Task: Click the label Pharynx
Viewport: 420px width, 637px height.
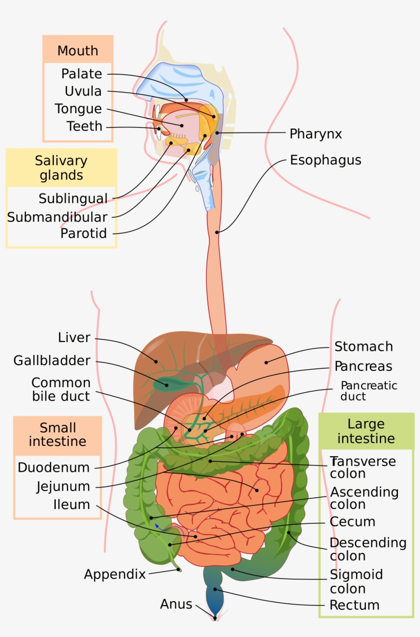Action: pyautogui.click(x=316, y=134)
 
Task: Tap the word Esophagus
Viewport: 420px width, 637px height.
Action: pyautogui.click(x=325, y=160)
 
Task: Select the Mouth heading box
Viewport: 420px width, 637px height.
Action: pyautogui.click(x=78, y=51)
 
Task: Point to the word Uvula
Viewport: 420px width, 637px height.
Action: pyautogui.click(x=83, y=92)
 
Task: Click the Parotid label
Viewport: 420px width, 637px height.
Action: pyautogui.click(x=83, y=234)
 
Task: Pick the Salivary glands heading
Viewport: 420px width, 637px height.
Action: pyautogui.click(x=61, y=168)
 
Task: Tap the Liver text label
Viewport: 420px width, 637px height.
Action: pyautogui.click(x=74, y=338)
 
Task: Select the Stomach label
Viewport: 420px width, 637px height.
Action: pyautogui.click(x=364, y=347)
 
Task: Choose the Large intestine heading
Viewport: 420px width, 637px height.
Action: pyautogui.click(x=366, y=431)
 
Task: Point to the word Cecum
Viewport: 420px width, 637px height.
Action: pyautogui.click(x=352, y=522)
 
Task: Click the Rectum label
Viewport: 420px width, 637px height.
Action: pyautogui.click(x=354, y=605)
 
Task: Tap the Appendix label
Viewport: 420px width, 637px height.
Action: pyautogui.click(x=115, y=575)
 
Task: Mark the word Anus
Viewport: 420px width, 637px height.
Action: pyautogui.click(x=176, y=604)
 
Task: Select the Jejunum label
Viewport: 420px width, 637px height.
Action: pyautogui.click(x=63, y=486)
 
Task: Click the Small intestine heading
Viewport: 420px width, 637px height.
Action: pyautogui.click(x=57, y=434)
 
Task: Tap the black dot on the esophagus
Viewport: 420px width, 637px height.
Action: pyautogui.click(x=217, y=232)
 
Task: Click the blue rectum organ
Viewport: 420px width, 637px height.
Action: pyautogui.click(x=215, y=599)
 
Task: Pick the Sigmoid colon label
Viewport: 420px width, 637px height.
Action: pyautogui.click(x=355, y=582)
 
